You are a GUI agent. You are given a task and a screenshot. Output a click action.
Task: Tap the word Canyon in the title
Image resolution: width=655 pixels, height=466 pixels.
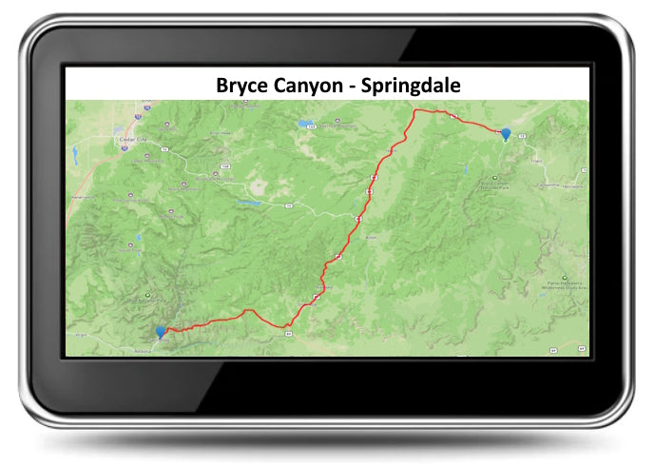(313, 86)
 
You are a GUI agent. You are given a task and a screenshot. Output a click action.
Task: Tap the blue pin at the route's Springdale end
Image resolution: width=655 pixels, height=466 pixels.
(161, 332)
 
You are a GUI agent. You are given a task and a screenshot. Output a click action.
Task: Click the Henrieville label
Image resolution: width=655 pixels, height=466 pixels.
(571, 186)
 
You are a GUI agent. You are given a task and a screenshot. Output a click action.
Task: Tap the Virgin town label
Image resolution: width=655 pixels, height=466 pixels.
(79, 336)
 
